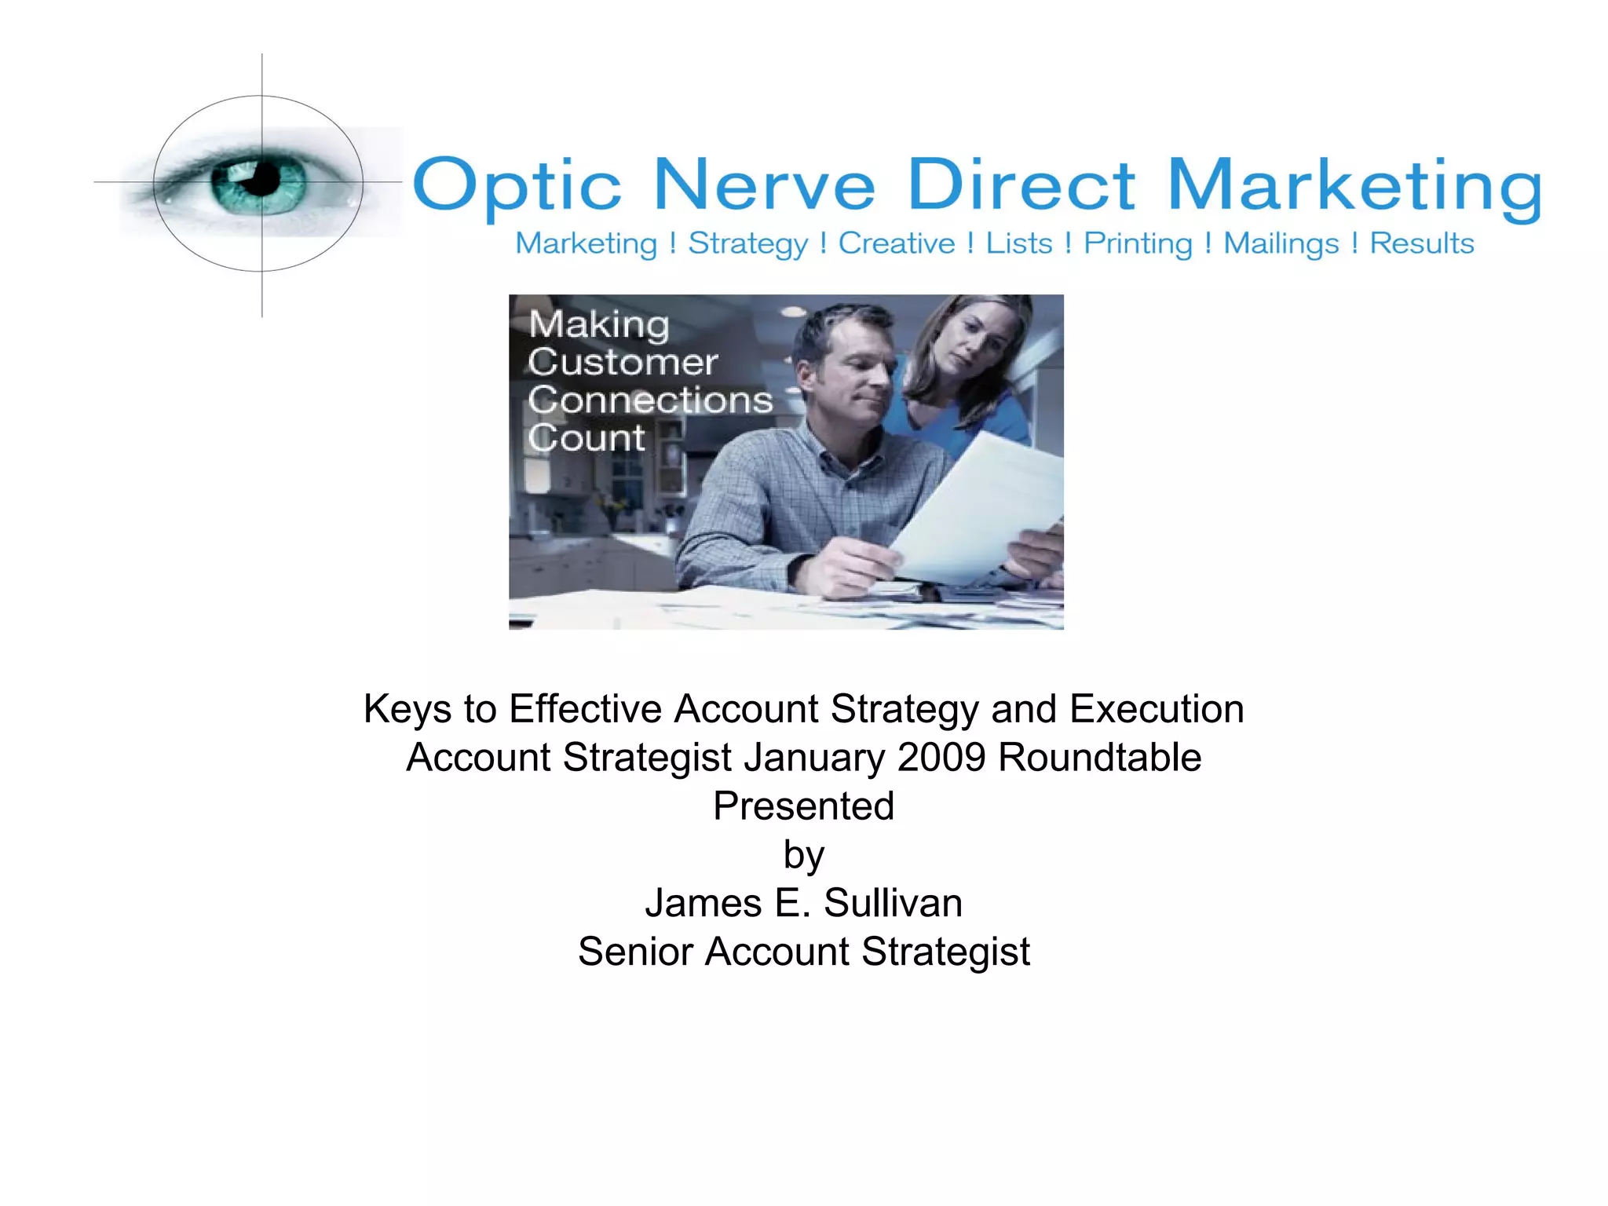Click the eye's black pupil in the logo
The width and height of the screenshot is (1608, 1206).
(262, 179)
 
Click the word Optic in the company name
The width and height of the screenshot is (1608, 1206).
(517, 186)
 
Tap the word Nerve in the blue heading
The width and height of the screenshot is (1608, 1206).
(764, 186)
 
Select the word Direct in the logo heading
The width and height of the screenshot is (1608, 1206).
(1021, 186)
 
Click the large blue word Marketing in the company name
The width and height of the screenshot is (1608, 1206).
(1355, 188)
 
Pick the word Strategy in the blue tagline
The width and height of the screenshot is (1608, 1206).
(747, 244)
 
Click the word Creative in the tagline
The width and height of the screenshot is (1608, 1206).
(897, 243)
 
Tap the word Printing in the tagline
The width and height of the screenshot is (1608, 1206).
(1138, 244)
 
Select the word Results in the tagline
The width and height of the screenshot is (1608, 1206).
(1422, 243)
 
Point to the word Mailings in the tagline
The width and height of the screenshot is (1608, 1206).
(1281, 244)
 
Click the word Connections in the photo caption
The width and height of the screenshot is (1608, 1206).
(650, 400)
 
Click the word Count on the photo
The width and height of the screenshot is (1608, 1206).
(587, 438)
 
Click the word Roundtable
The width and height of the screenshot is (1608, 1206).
(1099, 758)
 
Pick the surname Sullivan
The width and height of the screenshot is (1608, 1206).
(893, 903)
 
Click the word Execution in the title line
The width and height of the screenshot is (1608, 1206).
(1157, 709)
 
